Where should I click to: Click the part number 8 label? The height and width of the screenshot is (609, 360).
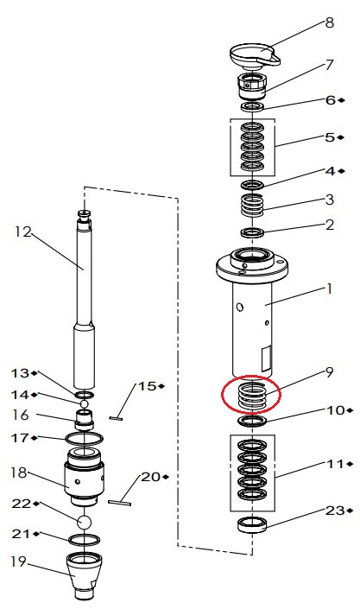coord(329,22)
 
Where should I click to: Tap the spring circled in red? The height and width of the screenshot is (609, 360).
coord(251,395)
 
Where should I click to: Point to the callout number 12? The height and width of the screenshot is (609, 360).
coord(23,232)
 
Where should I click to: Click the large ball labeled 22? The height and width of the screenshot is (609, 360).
coord(85,522)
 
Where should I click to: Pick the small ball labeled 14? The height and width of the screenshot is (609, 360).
coord(85,404)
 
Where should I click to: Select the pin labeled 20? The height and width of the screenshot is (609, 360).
coord(120,503)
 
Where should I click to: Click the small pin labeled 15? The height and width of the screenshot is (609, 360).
coord(117,418)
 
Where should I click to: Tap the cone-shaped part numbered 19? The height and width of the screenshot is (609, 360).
coord(85,575)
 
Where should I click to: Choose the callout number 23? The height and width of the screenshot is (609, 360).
coord(334,510)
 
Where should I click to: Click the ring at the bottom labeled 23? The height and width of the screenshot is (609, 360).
coord(252,524)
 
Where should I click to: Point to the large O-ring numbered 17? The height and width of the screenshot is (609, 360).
coord(85,439)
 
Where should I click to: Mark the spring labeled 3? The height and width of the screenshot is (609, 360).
coord(253,205)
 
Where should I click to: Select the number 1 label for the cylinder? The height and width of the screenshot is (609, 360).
coord(329,289)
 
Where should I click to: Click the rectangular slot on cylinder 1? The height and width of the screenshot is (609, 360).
coord(267,358)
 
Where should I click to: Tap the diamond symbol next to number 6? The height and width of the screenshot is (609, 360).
coord(341,100)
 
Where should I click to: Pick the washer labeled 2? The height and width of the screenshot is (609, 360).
coord(252,232)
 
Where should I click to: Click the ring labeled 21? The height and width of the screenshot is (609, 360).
coord(85,539)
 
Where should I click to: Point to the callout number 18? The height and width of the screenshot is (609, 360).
coord(19,473)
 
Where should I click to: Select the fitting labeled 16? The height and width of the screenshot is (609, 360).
coord(85,419)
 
